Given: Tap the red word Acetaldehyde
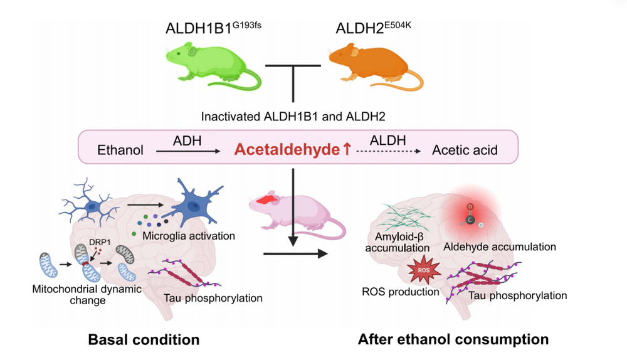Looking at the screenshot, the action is pyautogui.click(x=287, y=150).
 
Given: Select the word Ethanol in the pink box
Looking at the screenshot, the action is pyautogui.click(x=120, y=150).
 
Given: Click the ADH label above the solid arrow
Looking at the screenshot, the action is pyautogui.click(x=187, y=140).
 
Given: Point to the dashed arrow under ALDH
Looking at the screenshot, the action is pyautogui.click(x=389, y=151).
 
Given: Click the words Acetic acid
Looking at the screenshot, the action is pyautogui.click(x=465, y=150).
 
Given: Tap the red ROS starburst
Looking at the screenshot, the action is pyautogui.click(x=424, y=270).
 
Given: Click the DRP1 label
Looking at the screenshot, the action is pyautogui.click(x=100, y=242).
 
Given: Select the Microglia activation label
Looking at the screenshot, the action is pyautogui.click(x=189, y=236).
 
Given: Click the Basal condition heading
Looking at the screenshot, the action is pyautogui.click(x=144, y=339).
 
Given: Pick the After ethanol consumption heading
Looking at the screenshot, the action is pyautogui.click(x=453, y=339).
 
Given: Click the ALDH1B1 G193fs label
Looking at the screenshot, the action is pyautogui.click(x=213, y=28).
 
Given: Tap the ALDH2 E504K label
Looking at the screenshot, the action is pyautogui.click(x=373, y=28).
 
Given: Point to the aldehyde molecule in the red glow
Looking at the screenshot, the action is pyautogui.click(x=471, y=215).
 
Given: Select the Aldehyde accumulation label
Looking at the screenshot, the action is pyautogui.click(x=500, y=247).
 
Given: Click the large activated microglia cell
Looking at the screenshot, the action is pyautogui.click(x=196, y=203).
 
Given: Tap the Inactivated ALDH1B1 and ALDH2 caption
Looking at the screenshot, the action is pyautogui.click(x=293, y=117).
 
